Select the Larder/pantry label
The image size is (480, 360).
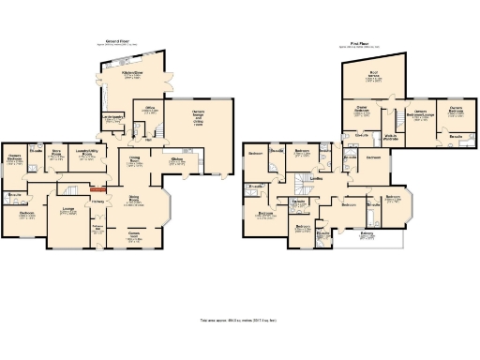[x=113, y=117]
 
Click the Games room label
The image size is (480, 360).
[x=134, y=235]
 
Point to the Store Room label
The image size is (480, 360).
[x=56, y=154]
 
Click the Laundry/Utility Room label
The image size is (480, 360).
[x=91, y=155]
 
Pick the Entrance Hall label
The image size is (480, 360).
[x=97, y=228]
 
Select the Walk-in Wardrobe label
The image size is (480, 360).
[x=393, y=137]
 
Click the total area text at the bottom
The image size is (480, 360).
[x=240, y=320]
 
